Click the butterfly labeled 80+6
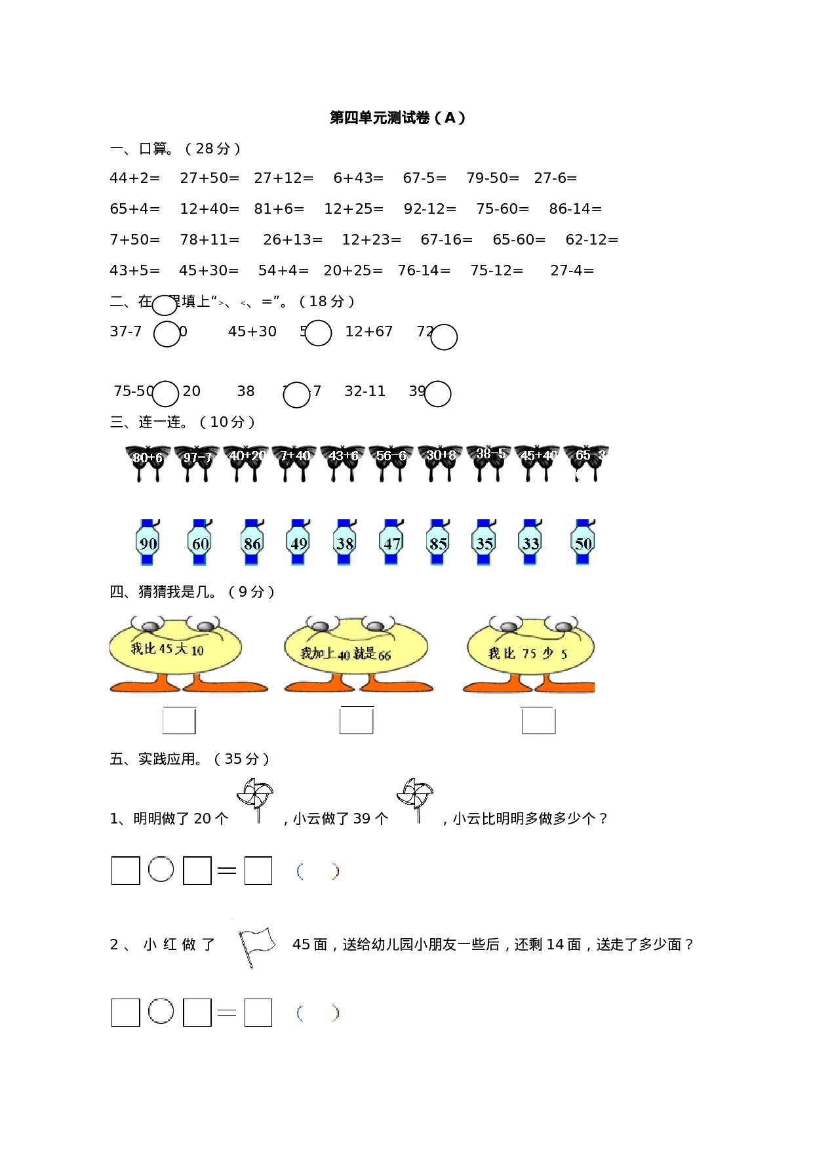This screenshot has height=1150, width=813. [148, 462]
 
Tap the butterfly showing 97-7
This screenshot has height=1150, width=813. [197, 462]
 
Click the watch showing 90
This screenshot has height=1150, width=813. [148, 543]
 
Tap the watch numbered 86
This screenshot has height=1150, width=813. [252, 543]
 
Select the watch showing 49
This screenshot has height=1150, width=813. [298, 543]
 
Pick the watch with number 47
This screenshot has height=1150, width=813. [391, 543]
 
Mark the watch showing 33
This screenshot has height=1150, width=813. [530, 543]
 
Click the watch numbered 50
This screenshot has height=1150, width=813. [583, 543]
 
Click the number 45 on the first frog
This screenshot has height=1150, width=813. [165, 648]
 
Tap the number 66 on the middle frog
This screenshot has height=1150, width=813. [384, 655]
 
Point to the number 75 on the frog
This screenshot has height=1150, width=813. [528, 653]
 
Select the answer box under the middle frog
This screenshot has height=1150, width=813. [357, 721]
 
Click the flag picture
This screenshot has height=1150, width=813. [255, 945]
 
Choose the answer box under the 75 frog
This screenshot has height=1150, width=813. [538, 721]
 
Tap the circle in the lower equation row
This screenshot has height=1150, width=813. [161, 1011]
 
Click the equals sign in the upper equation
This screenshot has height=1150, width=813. [227, 871]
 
